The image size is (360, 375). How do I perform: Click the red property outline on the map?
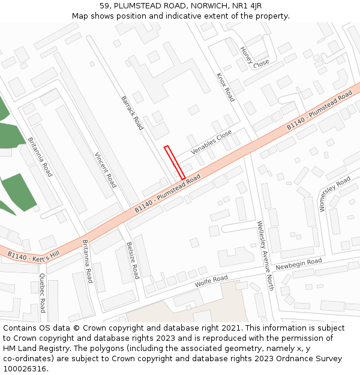pyautogui.click(x=174, y=162)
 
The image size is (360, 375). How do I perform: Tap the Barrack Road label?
pyautogui.click(x=132, y=113)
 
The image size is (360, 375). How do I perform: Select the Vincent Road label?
pyautogui.click(x=105, y=169)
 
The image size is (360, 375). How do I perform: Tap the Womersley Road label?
pyautogui.click(x=335, y=194)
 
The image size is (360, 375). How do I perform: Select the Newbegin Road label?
pyautogui.click(x=299, y=264)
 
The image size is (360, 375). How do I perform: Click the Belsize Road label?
pyautogui.click(x=133, y=260)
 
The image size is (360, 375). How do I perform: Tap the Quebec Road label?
pyautogui.click(x=42, y=293)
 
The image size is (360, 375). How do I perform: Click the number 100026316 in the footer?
pyautogui.click(x=26, y=368)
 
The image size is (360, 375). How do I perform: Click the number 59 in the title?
pyautogui.click(x=105, y=6)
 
